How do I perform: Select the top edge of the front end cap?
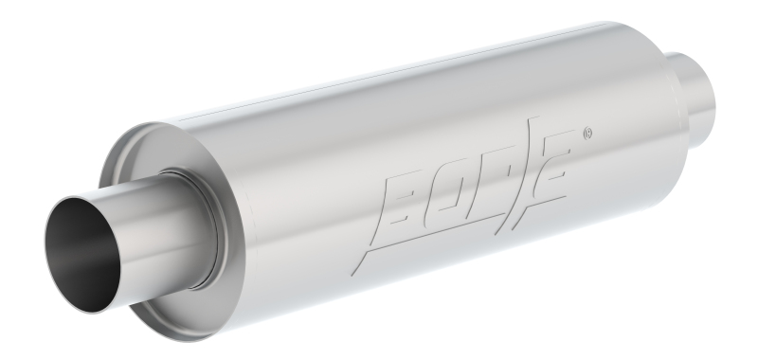(x=142, y=133)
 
